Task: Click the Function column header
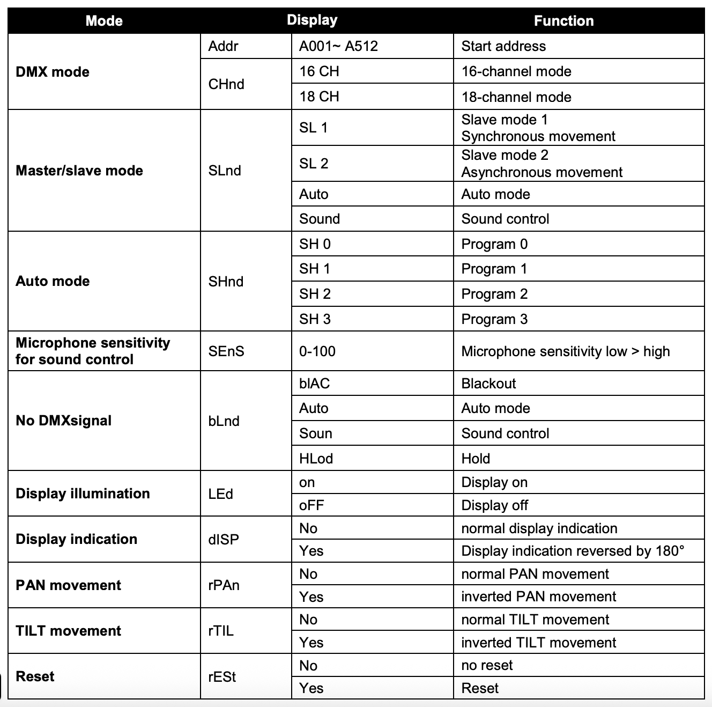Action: (563, 21)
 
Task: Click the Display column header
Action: (312, 20)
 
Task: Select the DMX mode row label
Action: (53, 72)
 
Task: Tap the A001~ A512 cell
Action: (338, 46)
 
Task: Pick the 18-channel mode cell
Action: (516, 97)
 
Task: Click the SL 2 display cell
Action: (314, 164)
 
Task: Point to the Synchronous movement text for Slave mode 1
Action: (538, 136)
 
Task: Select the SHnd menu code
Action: (226, 282)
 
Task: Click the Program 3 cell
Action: (494, 319)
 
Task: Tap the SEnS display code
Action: (226, 351)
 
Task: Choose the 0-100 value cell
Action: (317, 351)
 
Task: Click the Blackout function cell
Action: (488, 384)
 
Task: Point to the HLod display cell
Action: (316, 459)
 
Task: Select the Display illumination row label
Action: (83, 494)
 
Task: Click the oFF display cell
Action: (311, 505)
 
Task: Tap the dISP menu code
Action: (224, 540)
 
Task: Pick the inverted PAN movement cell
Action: (539, 596)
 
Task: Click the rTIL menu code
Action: (221, 631)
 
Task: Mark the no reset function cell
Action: (487, 666)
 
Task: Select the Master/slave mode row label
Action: (79, 171)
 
